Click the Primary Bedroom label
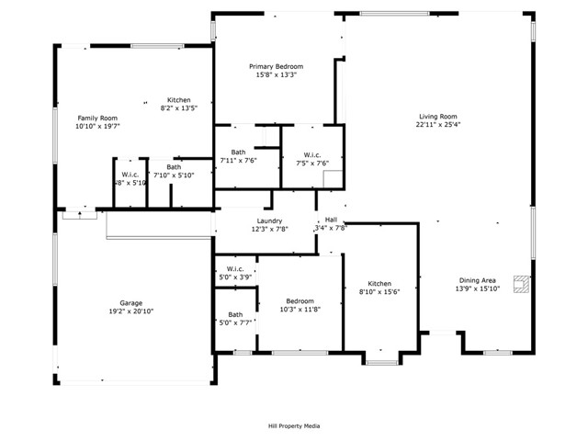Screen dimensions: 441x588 click(x=277, y=66)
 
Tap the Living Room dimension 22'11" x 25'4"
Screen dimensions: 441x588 click(x=437, y=126)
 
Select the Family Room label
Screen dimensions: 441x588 click(x=96, y=118)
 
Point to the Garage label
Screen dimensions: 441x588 click(x=130, y=302)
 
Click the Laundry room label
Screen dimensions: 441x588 click(x=269, y=220)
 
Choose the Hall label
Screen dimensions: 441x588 click(x=331, y=220)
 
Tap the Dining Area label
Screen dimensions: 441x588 click(x=478, y=280)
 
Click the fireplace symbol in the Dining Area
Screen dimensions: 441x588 click(x=522, y=285)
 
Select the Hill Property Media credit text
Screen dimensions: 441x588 click(x=294, y=425)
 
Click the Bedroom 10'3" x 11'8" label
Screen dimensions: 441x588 click(x=300, y=300)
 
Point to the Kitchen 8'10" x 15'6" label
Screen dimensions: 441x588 click(x=380, y=284)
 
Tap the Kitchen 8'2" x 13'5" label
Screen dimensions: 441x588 click(x=178, y=100)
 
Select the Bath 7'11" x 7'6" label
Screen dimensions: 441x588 click(x=238, y=152)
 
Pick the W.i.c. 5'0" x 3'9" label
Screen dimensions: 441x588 click(x=235, y=270)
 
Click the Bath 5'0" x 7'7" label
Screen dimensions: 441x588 click(x=235, y=315)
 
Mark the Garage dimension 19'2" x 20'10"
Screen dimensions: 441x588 click(x=130, y=311)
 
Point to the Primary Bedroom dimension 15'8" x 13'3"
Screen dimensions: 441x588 click(x=277, y=75)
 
